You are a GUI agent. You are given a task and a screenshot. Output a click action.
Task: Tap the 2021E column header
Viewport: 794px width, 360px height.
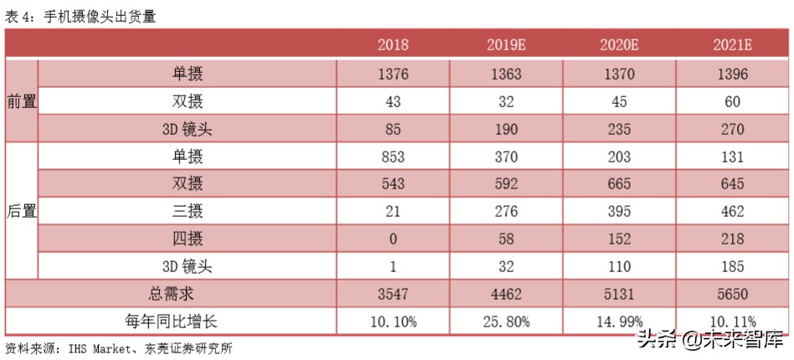731,45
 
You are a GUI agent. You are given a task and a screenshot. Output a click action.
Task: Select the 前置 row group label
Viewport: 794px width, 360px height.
21,102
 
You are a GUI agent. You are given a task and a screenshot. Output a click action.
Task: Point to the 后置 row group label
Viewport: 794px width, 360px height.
21,211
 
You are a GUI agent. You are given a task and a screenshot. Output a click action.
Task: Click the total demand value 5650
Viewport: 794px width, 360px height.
731,294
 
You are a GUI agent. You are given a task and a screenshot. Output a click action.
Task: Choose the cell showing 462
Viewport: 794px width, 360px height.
731,211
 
